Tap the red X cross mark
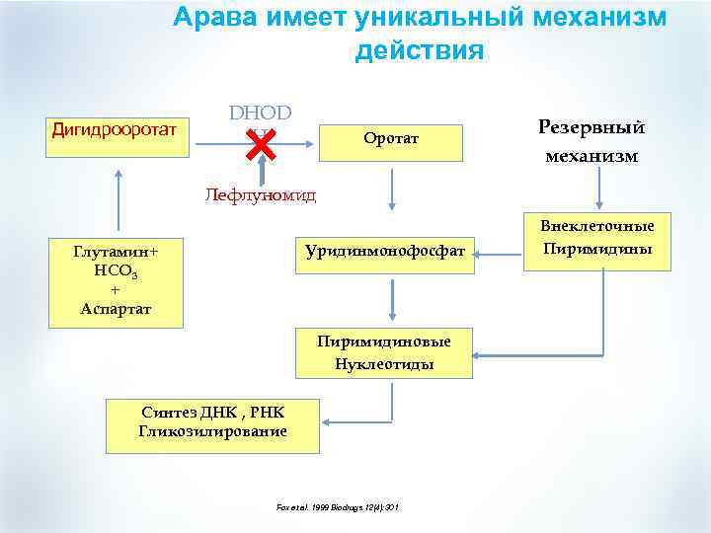(x=259, y=145)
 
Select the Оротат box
(x=392, y=140)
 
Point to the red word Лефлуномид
(x=261, y=194)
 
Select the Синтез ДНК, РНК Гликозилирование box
(x=212, y=422)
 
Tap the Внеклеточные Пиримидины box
(x=597, y=240)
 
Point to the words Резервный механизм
(x=590, y=141)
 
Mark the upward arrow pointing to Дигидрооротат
(x=118, y=202)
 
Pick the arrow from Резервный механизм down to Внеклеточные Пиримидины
(x=597, y=189)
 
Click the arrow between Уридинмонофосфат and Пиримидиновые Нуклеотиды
(x=392, y=298)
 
